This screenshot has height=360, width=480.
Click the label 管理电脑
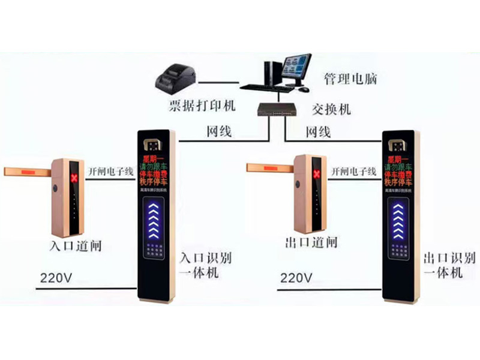click(350, 79)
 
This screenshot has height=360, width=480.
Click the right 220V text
click(296, 278)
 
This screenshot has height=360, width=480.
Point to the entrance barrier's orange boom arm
click(26, 170)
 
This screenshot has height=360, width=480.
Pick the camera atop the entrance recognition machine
click(154, 145)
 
